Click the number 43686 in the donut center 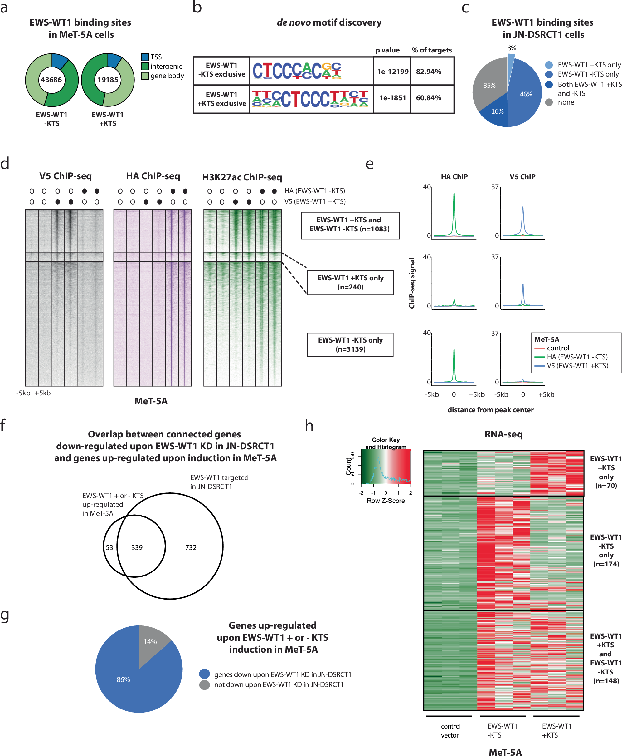tap(51, 80)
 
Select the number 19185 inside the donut tap(108, 80)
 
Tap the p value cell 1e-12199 tap(393, 72)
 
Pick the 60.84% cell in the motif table tap(429, 98)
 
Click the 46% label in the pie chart tap(526, 94)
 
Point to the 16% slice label tap(497, 111)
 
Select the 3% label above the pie tap(512, 48)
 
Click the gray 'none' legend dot tap(549, 102)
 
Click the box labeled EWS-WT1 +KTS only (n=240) tap(350, 283)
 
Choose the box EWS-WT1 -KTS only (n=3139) tap(350, 345)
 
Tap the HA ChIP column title tap(454, 177)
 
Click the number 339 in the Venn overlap tap(137, 548)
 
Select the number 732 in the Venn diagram tap(191, 548)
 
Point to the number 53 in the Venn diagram tap(109, 548)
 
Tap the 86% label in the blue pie tap(123, 679)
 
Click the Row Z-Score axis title tap(386, 501)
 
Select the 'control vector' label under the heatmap tap(450, 730)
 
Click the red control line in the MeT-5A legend tap(539, 348)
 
